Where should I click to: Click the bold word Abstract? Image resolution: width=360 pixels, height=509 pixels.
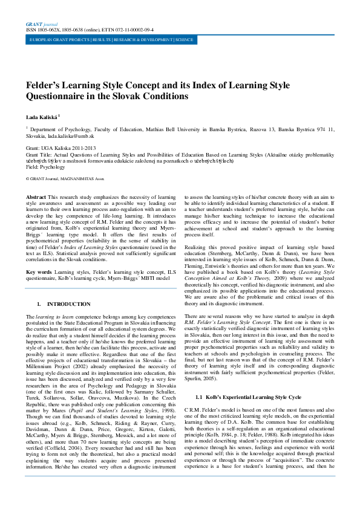coord(36,198)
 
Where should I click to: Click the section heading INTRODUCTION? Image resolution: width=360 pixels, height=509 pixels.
coord(56,303)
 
